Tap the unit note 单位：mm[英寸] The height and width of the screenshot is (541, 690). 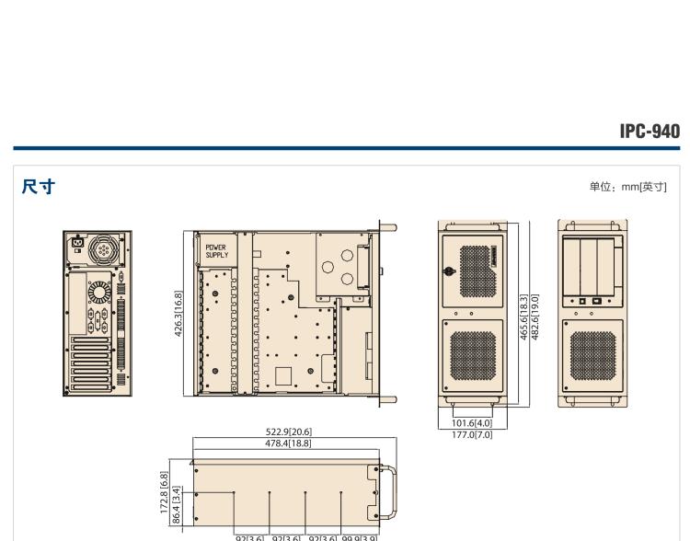pyautogui.click(x=627, y=188)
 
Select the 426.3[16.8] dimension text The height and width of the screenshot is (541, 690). pyautogui.click(x=178, y=316)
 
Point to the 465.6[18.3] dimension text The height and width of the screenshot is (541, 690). pyautogui.click(x=523, y=317)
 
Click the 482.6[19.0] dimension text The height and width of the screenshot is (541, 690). pyautogui.click(x=535, y=317)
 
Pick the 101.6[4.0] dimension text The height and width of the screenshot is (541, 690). pyautogui.click(x=470, y=424)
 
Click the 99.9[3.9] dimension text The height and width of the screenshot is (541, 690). pyautogui.click(x=359, y=536)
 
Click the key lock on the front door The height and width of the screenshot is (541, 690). pyautogui.click(x=450, y=271)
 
